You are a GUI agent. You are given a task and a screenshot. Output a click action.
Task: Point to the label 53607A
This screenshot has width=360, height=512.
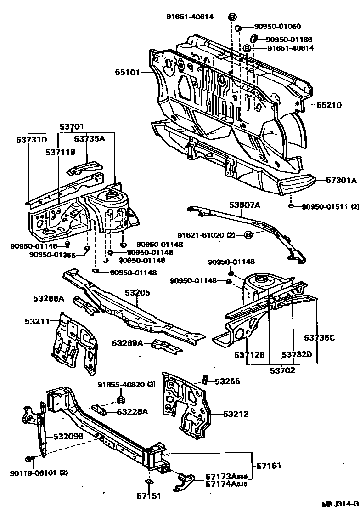[245, 205]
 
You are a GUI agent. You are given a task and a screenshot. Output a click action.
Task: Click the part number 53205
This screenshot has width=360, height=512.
[138, 292]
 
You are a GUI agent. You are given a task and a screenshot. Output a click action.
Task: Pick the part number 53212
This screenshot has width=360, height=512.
[236, 414]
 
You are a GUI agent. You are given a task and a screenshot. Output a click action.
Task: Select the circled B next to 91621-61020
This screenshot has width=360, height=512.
[247, 235]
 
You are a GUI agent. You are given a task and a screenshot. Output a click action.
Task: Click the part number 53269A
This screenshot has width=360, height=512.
[127, 343]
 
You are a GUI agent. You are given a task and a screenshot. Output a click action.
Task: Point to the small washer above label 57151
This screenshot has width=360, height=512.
[149, 482]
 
